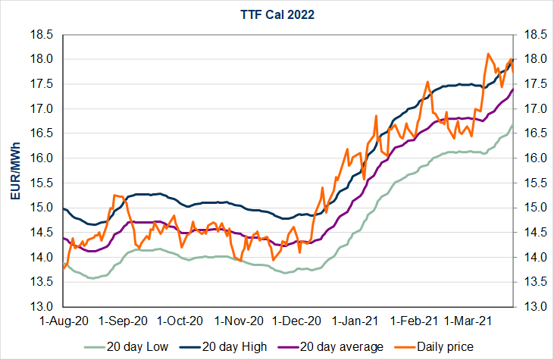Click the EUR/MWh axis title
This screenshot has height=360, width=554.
[x=14, y=171]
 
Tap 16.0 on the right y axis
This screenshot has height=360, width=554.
[x=531, y=158]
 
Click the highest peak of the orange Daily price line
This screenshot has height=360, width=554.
[x=488, y=54]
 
